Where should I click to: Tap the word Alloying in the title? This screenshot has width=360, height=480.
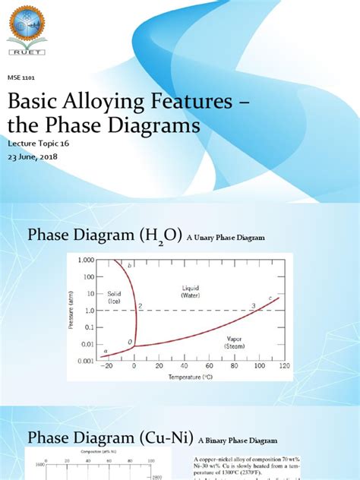(96, 102)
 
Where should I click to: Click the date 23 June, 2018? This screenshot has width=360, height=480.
(33, 157)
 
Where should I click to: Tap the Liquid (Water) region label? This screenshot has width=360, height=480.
(190, 292)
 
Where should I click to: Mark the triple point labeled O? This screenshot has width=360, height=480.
(130, 343)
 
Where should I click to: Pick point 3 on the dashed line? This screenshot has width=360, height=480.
(254, 305)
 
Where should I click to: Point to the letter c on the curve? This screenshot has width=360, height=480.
(270, 298)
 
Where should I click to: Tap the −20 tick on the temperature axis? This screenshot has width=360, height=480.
(109, 366)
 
